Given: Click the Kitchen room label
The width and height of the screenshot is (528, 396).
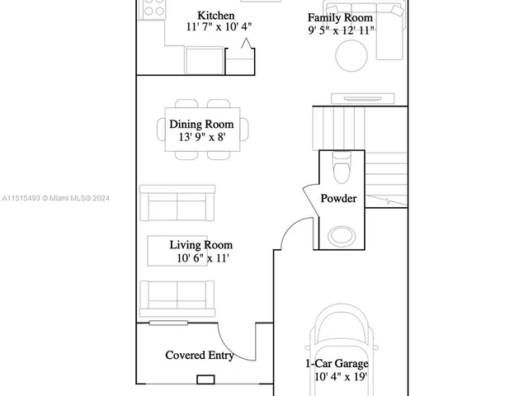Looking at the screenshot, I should pos(215,16).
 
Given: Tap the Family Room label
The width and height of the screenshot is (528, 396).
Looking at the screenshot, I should pos(340,18).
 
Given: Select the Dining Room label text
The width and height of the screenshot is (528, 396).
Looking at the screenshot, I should pos(201,125).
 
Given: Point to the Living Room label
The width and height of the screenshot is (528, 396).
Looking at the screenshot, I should pos(201,245).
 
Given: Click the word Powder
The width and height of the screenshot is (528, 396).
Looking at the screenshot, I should pos(338,199).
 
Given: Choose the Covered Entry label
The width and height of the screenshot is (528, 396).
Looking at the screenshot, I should pos(200,356).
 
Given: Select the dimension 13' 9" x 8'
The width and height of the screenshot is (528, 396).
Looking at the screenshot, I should pos(201,138).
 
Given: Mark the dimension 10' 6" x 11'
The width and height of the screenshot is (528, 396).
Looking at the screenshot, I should pos(201,258).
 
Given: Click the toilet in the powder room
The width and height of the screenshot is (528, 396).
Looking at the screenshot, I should pos(339,168).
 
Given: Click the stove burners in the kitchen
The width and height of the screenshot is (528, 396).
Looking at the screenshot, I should pos(154,8).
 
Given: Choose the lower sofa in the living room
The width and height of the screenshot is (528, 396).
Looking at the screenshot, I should pos(177,298).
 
